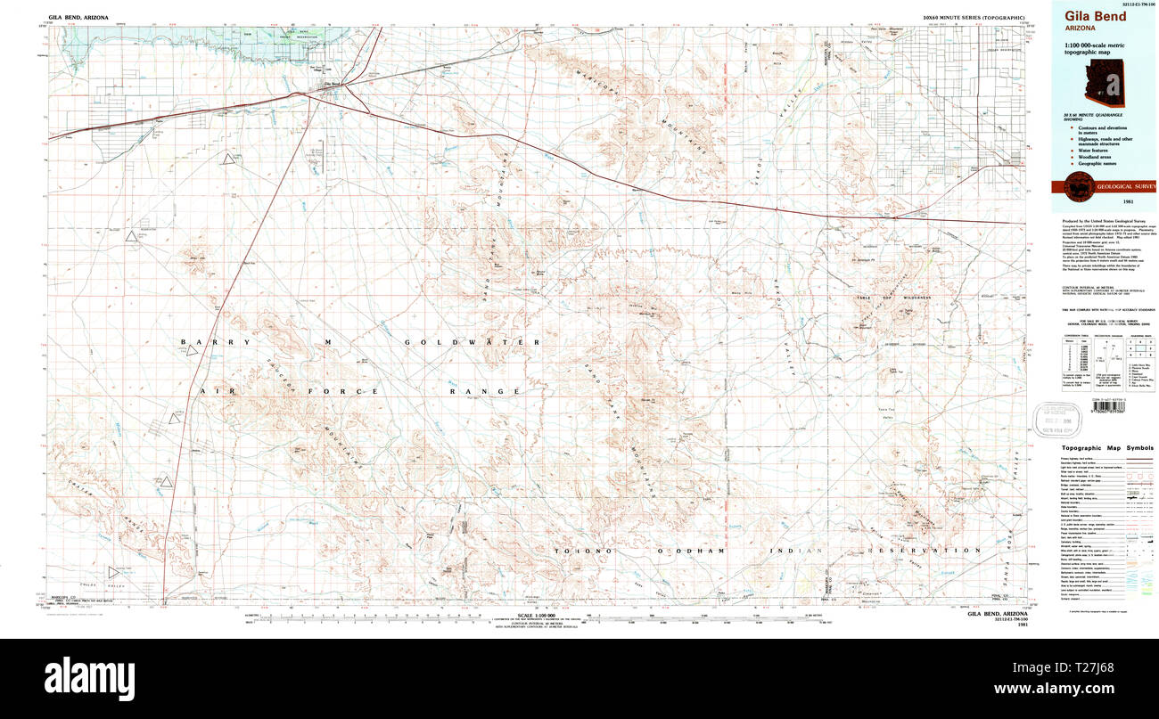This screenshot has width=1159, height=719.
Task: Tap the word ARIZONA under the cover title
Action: point(1077,28)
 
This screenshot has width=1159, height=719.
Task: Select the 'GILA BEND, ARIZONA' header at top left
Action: point(78,17)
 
